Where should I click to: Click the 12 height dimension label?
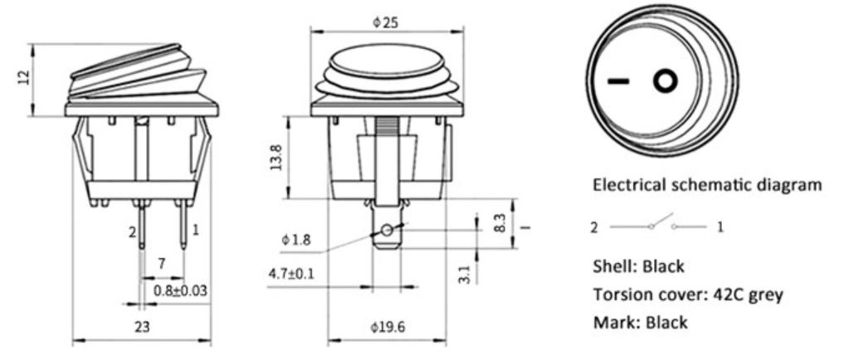pos(24,76)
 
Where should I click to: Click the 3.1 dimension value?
pos(464,273)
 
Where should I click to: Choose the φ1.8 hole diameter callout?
pos(295,241)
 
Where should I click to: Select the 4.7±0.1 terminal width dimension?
pos(292,273)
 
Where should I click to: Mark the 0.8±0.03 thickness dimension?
pos(182,289)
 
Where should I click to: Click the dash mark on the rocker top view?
pos(618,81)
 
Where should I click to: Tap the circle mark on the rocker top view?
pos(665,80)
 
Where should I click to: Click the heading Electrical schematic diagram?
pos(707,185)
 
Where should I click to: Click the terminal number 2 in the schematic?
pos(595,226)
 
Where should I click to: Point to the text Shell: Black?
pos(638,266)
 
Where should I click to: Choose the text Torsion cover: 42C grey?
pos(687,294)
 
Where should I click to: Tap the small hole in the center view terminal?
pos(387,230)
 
